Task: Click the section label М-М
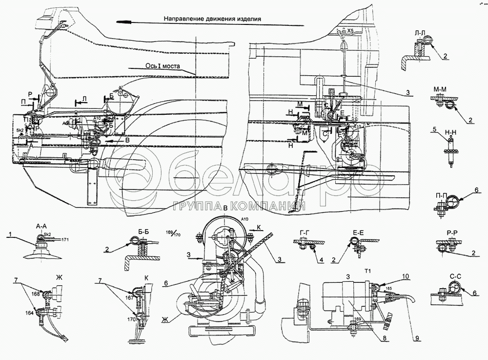440,89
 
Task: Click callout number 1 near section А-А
10,235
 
